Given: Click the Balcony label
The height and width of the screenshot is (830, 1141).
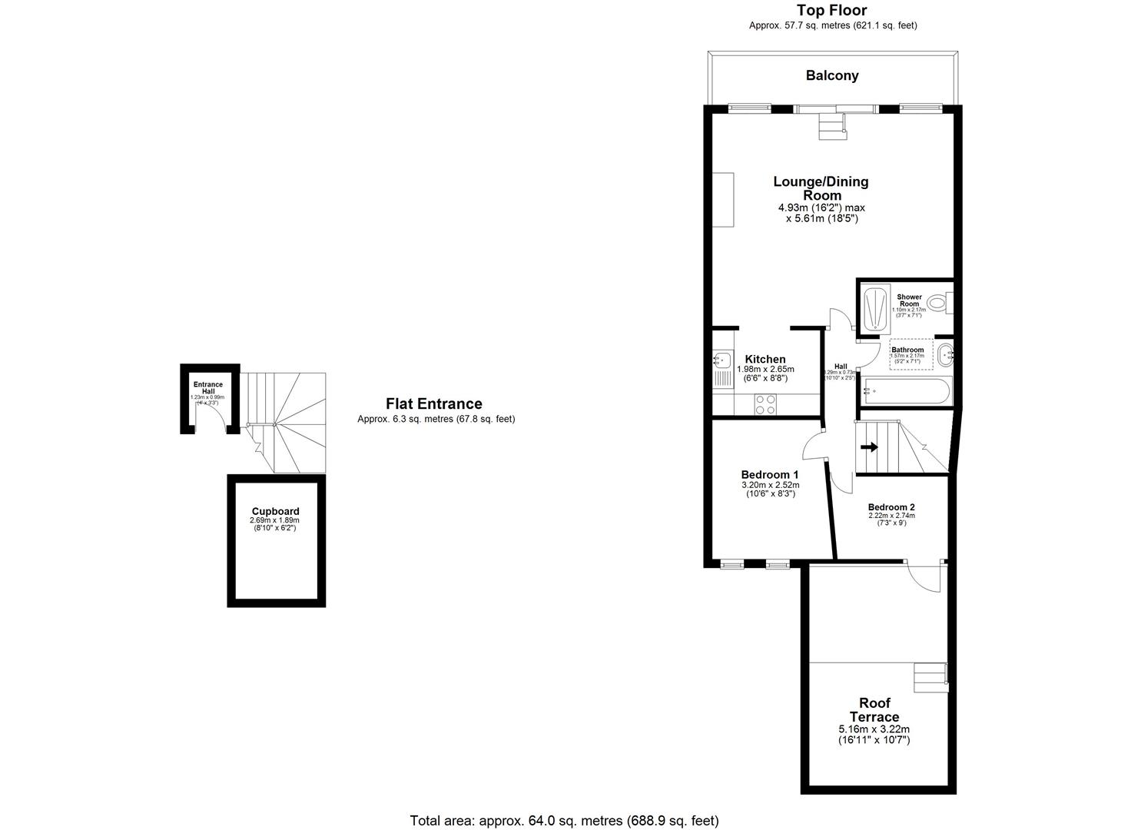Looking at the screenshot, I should coord(831,75).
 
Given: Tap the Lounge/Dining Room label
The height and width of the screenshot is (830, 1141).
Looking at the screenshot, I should coord(821,188).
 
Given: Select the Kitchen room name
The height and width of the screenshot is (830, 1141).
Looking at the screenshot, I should coord(765,359).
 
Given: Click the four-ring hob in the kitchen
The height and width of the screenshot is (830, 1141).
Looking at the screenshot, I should coord(765,403).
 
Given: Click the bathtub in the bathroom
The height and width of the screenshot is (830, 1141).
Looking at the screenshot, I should coord(907,391).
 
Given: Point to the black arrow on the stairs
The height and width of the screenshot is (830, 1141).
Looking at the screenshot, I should coord(869,447).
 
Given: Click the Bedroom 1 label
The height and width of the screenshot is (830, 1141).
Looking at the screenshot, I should coord(770,474).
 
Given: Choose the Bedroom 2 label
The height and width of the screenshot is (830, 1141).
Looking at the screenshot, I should coord(891,507).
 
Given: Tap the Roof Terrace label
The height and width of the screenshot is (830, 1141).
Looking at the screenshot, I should coord(874,709).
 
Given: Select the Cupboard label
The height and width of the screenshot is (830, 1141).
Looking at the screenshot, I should coord(275,511).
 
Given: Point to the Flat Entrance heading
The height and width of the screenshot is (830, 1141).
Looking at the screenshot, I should coord(433,403).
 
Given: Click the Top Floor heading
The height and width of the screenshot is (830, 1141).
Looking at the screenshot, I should coord(831,10).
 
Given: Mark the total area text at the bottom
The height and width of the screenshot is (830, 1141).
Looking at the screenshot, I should coord(564,820).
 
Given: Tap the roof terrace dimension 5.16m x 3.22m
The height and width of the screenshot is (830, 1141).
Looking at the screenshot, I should coord(874,729).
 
